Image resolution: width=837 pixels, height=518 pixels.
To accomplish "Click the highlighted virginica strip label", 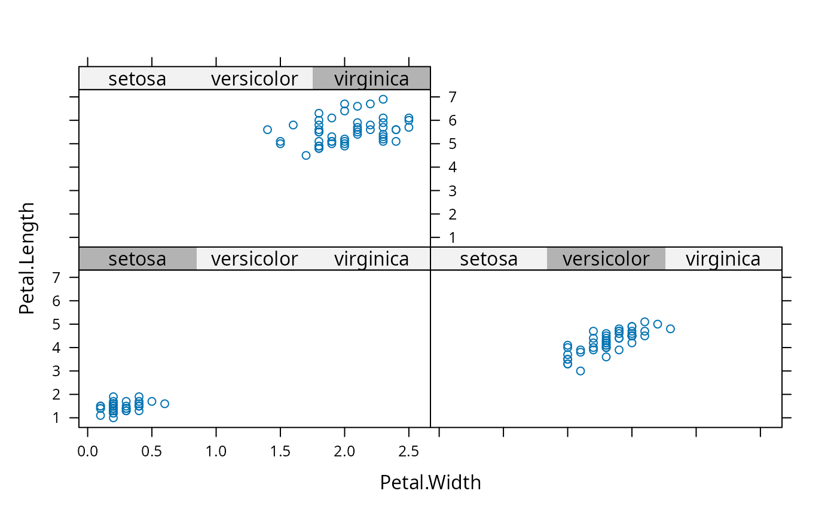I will tap(371, 78).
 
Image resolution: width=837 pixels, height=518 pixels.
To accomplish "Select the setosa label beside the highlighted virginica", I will tap(137, 78).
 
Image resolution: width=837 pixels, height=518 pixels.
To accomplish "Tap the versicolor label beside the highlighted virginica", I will tap(254, 78).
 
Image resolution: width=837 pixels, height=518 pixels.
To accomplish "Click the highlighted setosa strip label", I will tap(137, 258).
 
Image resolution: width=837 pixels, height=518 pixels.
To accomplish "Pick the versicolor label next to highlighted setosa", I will tap(254, 258).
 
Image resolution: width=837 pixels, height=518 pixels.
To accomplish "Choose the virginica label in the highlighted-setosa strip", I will tap(371, 258).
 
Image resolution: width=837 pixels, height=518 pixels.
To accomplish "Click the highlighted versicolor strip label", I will tap(606, 258).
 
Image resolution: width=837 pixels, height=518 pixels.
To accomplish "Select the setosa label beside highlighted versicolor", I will tap(488, 258).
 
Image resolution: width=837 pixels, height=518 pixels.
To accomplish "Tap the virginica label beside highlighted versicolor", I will tap(723, 258).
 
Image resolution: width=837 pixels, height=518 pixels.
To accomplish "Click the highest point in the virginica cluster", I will tap(383, 99).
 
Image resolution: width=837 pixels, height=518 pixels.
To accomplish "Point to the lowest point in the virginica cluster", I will tap(306, 156).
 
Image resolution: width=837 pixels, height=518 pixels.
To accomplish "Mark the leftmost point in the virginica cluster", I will tap(267, 130).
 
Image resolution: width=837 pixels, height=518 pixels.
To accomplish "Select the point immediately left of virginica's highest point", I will tap(370, 104).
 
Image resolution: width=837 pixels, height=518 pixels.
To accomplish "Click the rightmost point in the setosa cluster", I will tap(164, 404).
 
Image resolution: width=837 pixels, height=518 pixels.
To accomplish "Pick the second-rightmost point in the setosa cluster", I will tap(152, 401).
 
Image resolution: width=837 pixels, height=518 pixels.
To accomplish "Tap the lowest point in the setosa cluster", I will tap(113, 418).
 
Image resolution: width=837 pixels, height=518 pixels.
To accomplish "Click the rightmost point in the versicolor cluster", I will tap(670, 329).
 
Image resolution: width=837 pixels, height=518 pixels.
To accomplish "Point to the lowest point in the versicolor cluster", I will tap(581, 371).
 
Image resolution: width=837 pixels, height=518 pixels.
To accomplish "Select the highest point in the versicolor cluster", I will tap(644, 322).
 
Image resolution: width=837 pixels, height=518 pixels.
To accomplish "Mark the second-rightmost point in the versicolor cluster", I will tap(658, 324).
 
